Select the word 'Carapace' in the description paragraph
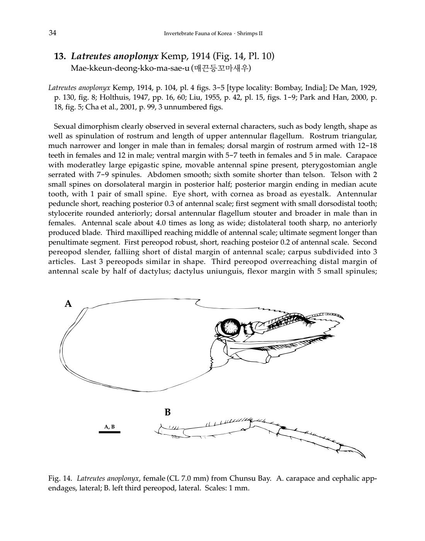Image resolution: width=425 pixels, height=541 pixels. (x=361, y=155)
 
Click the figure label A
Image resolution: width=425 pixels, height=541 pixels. (x=68, y=304)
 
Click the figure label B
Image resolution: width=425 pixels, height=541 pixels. (x=167, y=412)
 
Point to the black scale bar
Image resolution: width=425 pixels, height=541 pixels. (x=109, y=432)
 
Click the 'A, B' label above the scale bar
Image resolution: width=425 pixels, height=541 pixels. (x=109, y=427)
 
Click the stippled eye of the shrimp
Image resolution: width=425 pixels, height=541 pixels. (x=231, y=327)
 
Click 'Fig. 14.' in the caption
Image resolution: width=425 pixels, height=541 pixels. (x=59, y=478)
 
